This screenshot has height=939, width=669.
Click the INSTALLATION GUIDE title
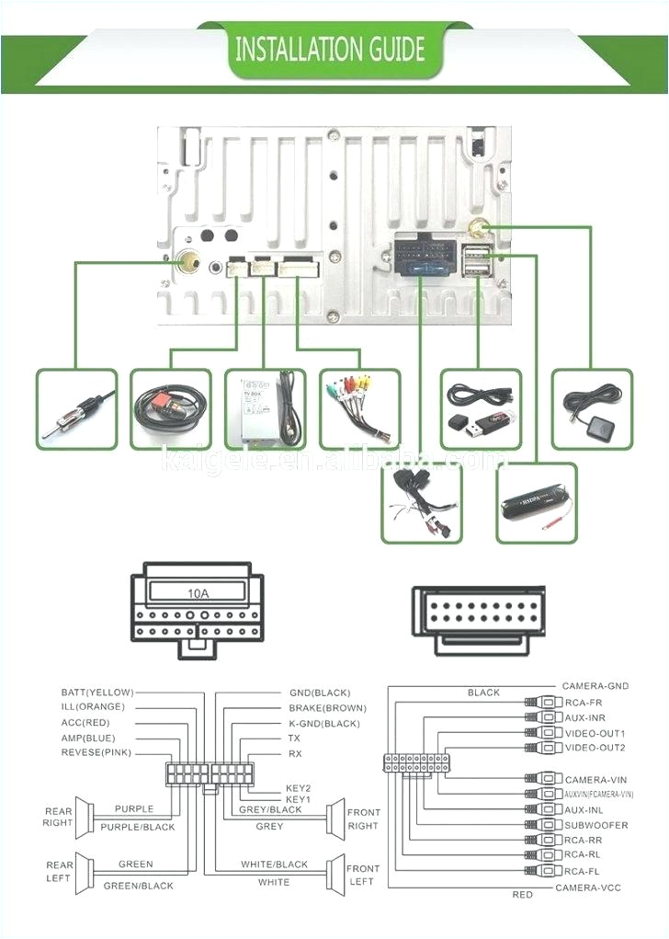pyautogui.click(x=330, y=48)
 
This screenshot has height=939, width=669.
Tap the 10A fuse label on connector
pyautogui.click(x=198, y=593)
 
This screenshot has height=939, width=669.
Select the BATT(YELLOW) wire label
pyautogui.click(x=97, y=693)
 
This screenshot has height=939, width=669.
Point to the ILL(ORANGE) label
pyautogui.click(x=92, y=707)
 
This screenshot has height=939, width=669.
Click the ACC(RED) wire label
pyautogui.click(x=87, y=723)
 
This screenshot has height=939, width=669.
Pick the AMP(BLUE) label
pyautogui.click(x=89, y=738)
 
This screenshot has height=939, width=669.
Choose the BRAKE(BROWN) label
pyautogui.click(x=327, y=708)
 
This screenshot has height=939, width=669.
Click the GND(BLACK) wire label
pyautogui.click(x=319, y=693)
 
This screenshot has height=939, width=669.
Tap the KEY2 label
pyautogui.click(x=298, y=788)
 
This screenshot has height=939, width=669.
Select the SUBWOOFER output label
pyautogui.click(x=596, y=825)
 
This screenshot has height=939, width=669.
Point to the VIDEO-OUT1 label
pyautogui.click(x=595, y=733)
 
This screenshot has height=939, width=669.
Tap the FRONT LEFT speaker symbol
pyautogui.click(x=336, y=874)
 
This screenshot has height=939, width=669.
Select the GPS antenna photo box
pyautogui.click(x=592, y=409)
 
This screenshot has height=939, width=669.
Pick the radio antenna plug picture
pyautogui.click(x=77, y=409)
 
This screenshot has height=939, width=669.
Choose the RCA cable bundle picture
pyautogui.click(x=359, y=409)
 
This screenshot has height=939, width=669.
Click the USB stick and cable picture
pyautogui.click(x=481, y=409)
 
